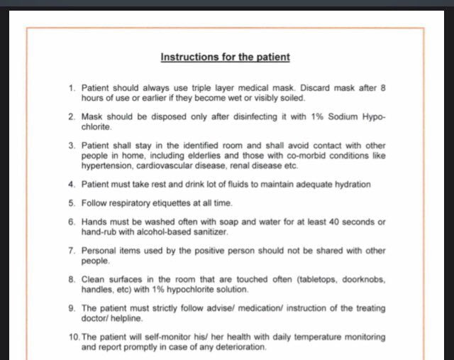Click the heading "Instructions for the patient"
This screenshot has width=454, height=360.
click(x=225, y=57)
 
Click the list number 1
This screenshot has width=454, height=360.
click(x=71, y=88)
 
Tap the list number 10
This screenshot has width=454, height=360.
click(x=74, y=337)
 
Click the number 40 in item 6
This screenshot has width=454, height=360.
click(x=312, y=222)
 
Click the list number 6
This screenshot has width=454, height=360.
click(x=71, y=222)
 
